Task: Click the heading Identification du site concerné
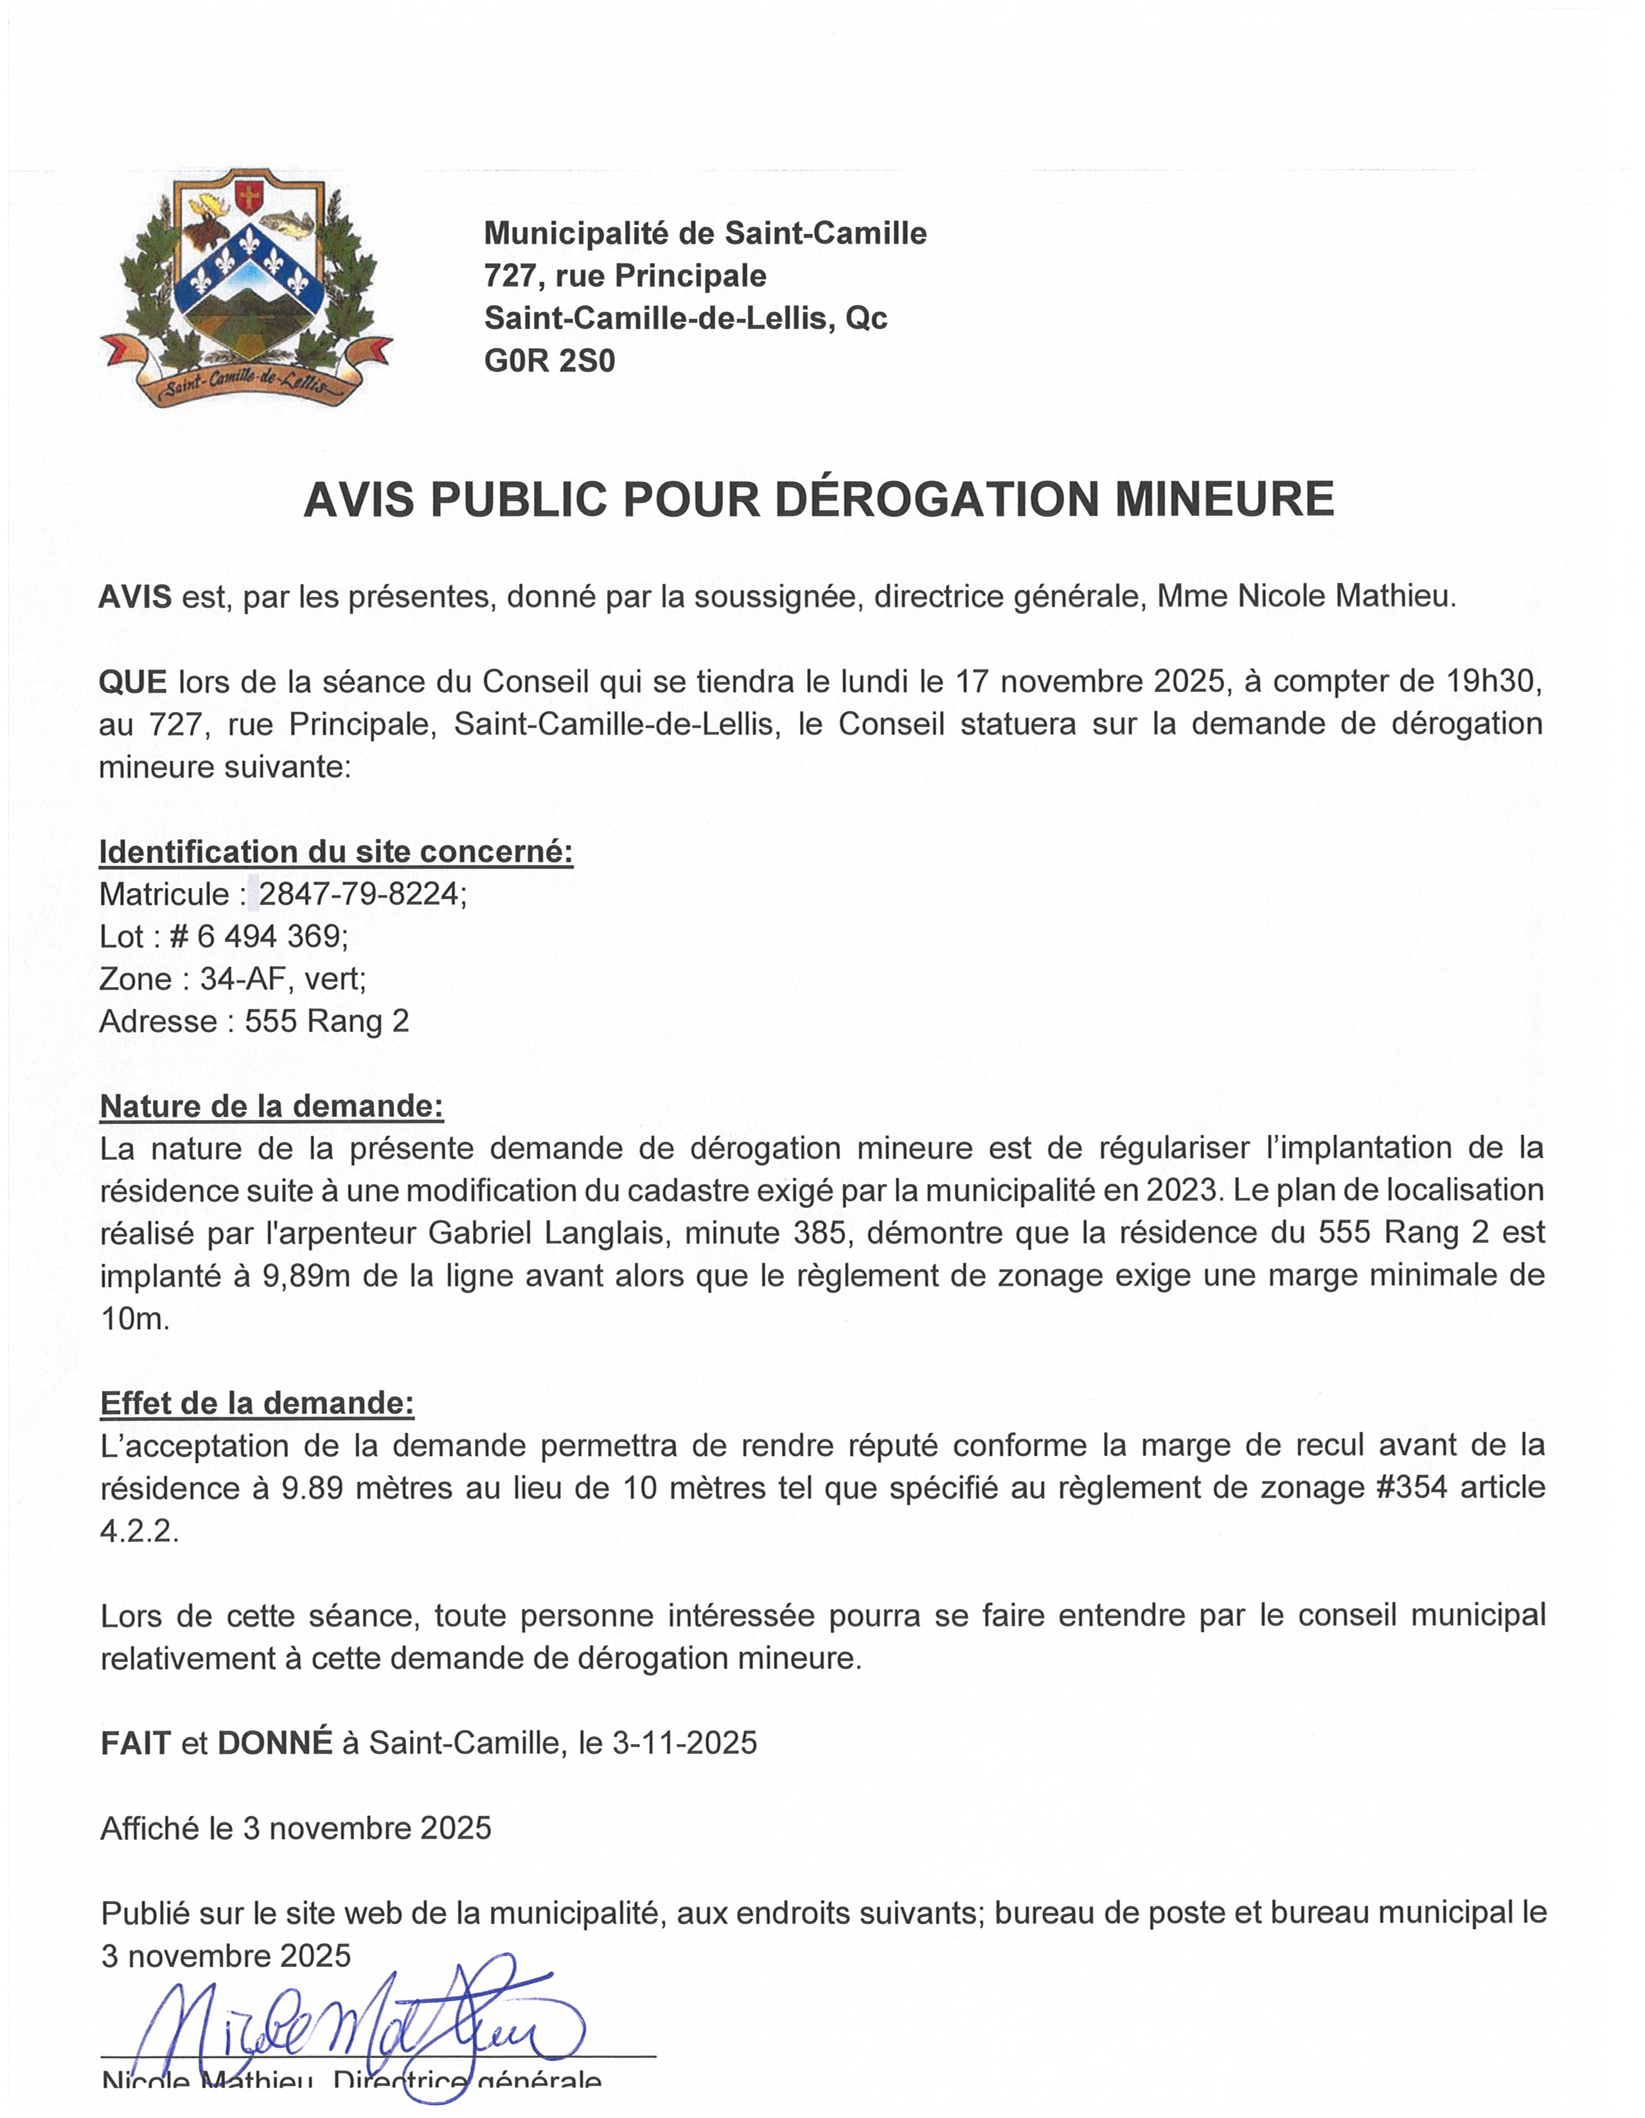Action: pyautogui.click(x=335, y=851)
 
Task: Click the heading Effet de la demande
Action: pyautogui.click(x=257, y=1403)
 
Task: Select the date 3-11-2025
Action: pyautogui.click(x=684, y=1743)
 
